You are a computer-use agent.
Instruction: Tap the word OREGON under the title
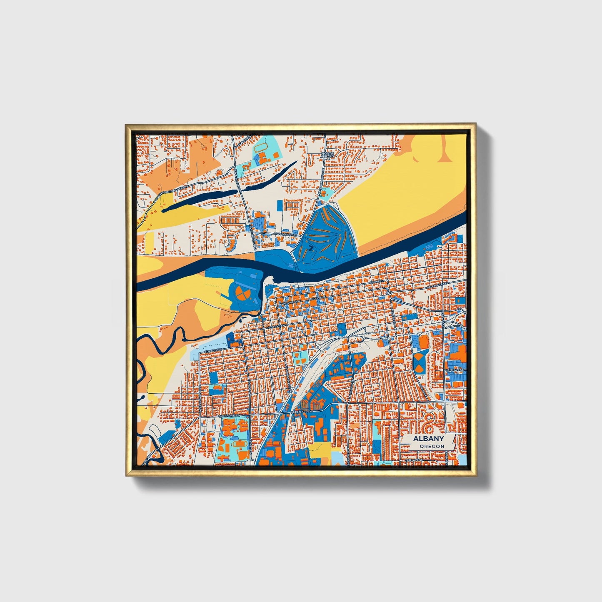(432, 446)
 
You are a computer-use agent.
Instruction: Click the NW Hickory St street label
(286, 235)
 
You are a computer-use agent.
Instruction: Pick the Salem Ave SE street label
(437, 285)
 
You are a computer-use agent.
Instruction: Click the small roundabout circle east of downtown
(389, 293)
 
